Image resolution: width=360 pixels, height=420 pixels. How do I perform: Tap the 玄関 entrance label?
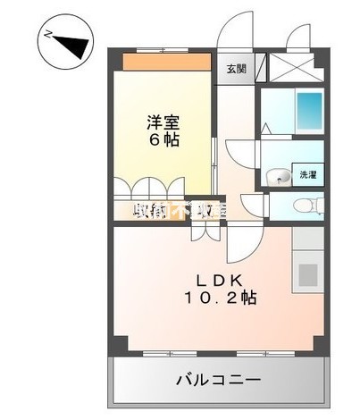pyautogui.click(x=235, y=68)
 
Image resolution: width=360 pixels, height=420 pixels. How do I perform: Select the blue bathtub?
pyautogui.click(x=308, y=111)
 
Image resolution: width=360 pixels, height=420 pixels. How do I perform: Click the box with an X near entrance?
pyautogui.click(x=291, y=67)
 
